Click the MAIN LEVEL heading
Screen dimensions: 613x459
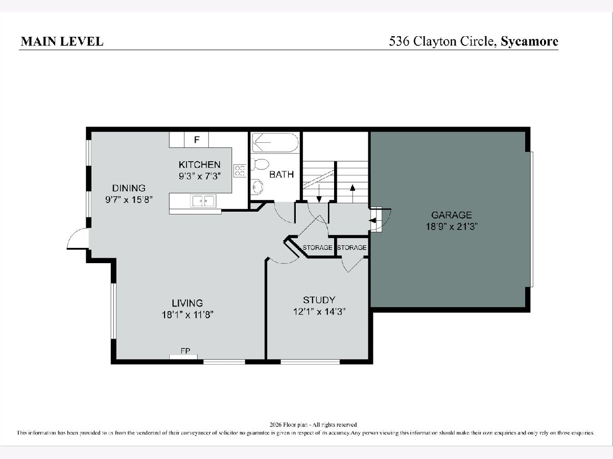(62, 41)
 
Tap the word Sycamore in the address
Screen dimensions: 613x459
(530, 41)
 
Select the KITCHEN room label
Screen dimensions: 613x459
(199, 164)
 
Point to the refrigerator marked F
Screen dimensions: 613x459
(196, 140)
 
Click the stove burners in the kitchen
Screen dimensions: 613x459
(240, 171)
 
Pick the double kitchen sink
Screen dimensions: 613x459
(203, 200)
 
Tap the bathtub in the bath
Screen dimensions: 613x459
(275, 142)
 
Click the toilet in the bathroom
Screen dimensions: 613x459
(260, 164)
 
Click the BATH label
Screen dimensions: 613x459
(281, 174)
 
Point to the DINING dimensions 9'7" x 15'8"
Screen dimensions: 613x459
(129, 199)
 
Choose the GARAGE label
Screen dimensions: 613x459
(452, 215)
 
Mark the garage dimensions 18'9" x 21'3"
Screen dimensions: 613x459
(452, 226)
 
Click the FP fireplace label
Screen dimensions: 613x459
(185, 351)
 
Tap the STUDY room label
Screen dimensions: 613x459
(319, 300)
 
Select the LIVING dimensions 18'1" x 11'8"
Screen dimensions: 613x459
(187, 315)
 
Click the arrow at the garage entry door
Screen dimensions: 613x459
(372, 220)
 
